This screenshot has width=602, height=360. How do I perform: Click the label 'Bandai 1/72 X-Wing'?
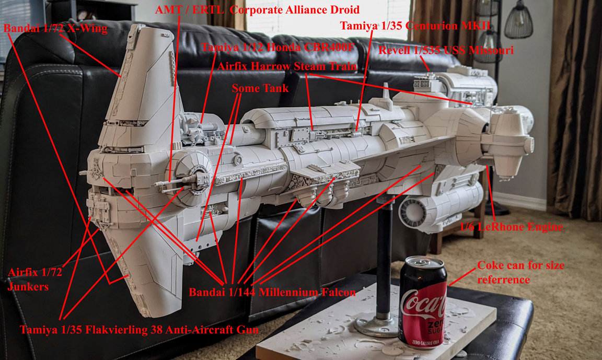(x=55, y=28)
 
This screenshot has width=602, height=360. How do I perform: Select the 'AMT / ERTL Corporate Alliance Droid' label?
(x=257, y=9)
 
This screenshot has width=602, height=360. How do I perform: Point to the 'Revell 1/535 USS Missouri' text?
(x=446, y=50)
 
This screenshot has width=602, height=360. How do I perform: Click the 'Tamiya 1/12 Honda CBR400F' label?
(x=278, y=47)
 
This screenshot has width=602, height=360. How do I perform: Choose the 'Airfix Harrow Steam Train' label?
(x=287, y=66)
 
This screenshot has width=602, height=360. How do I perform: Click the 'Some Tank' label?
(x=260, y=88)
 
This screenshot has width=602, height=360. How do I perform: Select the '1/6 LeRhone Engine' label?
(x=511, y=227)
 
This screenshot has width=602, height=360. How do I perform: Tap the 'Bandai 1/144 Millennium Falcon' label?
(x=272, y=293)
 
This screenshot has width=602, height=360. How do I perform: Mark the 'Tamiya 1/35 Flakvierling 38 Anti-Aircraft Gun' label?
(x=139, y=330)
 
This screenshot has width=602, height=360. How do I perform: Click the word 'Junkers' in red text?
(x=28, y=287)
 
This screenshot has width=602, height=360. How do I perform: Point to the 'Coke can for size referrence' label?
(x=520, y=273)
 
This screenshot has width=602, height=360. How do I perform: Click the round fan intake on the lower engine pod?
(x=412, y=212)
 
